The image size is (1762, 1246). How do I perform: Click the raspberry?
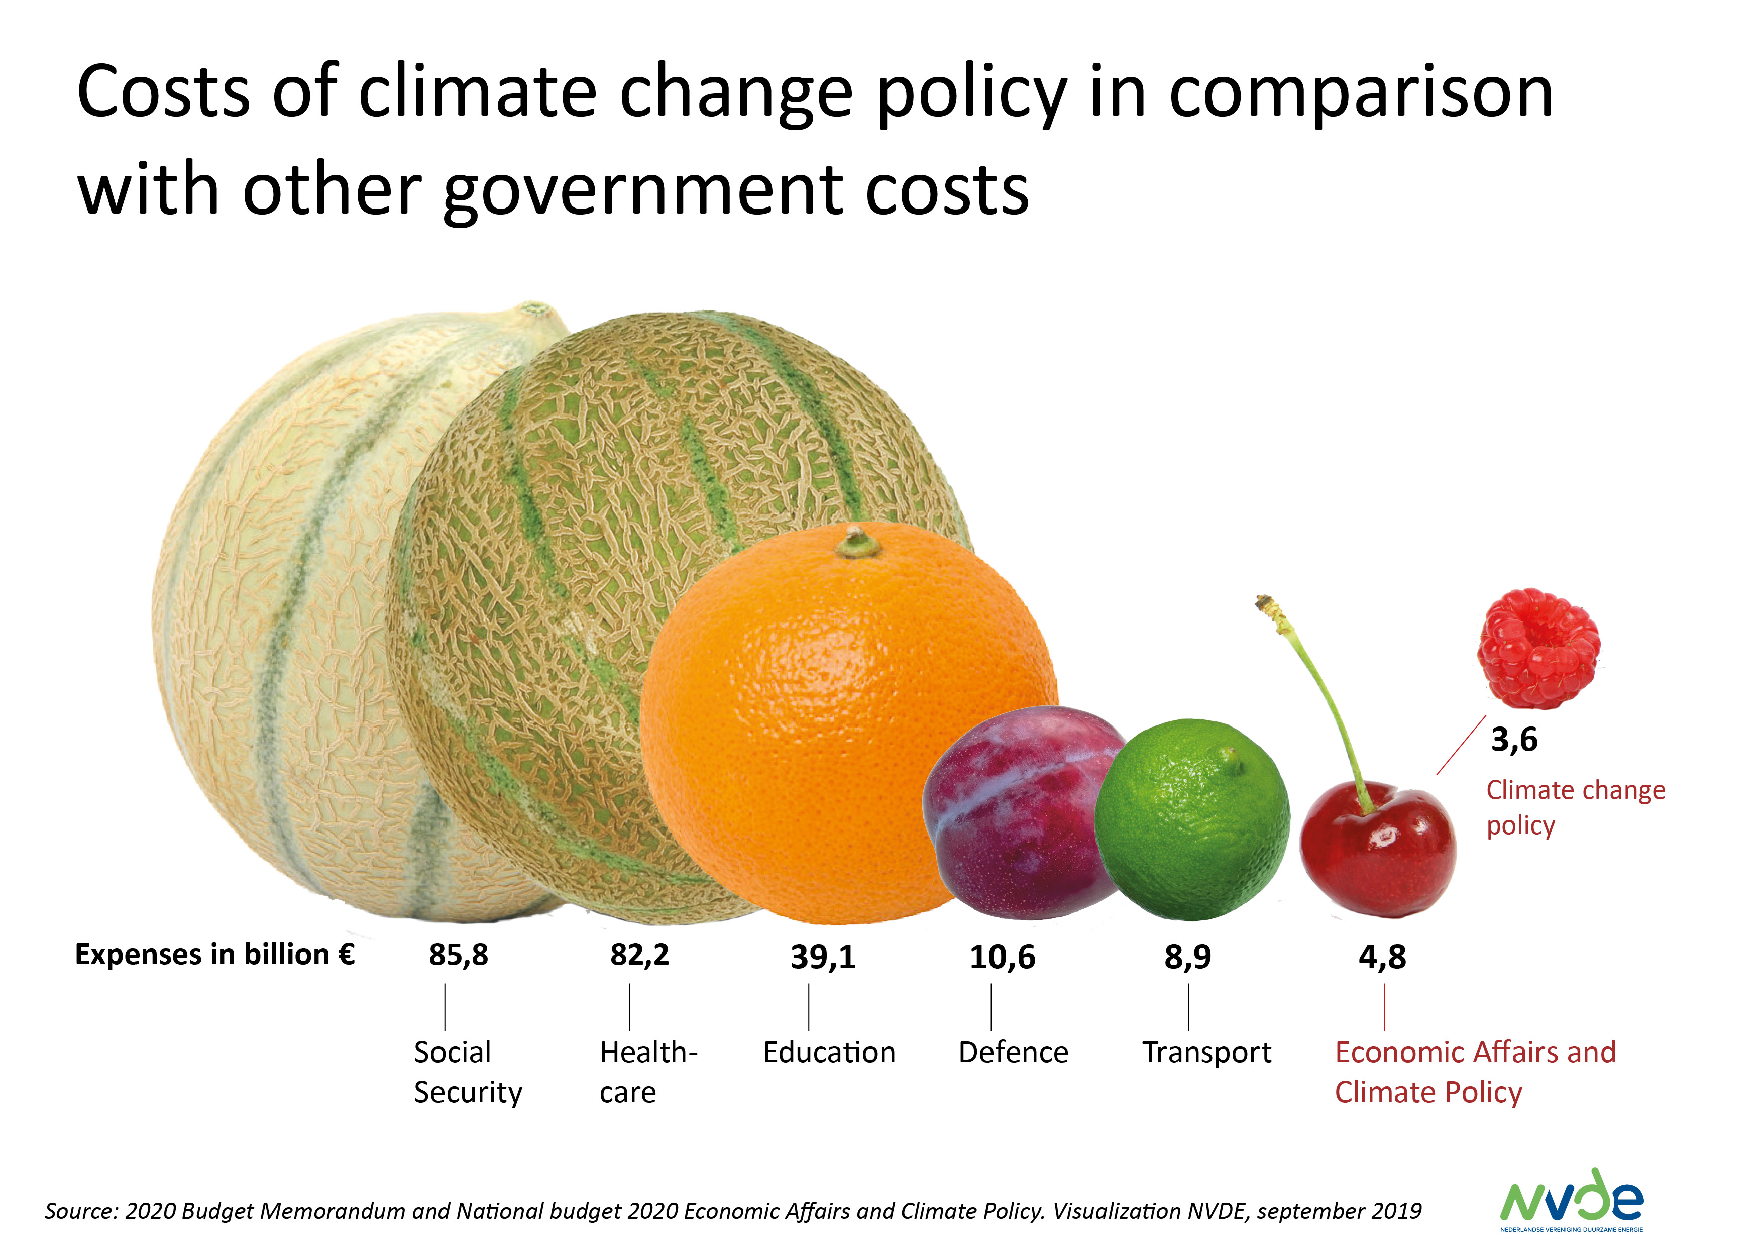click(1538, 649)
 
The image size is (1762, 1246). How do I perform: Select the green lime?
click(1192, 820)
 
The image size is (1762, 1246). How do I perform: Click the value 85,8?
click(458, 955)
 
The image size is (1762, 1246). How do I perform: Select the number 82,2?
click(639, 955)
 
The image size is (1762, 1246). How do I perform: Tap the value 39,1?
click(823, 957)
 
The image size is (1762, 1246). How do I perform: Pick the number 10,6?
click(1002, 957)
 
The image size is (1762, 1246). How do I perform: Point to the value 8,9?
click(1187, 957)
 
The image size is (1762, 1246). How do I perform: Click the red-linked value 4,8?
click(1382, 957)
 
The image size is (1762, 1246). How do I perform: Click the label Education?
click(829, 1052)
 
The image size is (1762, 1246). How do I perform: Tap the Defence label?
click(1013, 1052)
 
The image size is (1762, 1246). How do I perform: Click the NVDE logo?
click(1572, 1200)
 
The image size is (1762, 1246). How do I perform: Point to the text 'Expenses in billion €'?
click(215, 954)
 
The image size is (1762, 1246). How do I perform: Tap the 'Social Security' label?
click(467, 1072)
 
